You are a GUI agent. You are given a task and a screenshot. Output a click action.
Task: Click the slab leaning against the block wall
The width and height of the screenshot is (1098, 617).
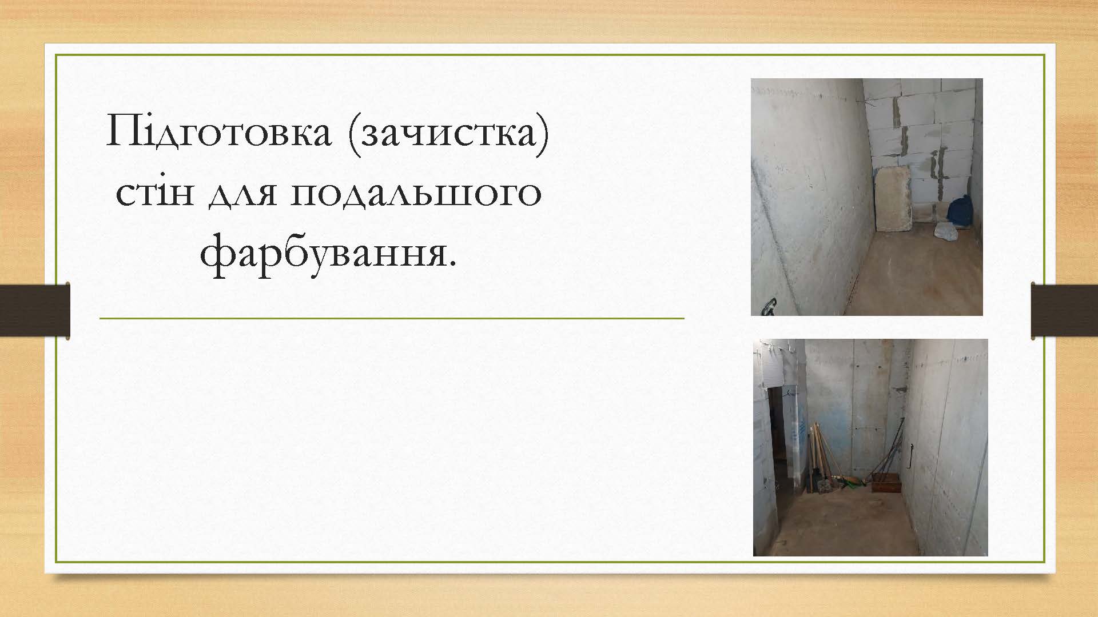click(894, 199)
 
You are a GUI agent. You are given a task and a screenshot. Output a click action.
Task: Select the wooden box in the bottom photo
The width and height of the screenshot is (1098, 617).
click(886, 486)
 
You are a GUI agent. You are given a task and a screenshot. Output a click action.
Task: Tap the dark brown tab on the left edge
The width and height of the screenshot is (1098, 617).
click(35, 310)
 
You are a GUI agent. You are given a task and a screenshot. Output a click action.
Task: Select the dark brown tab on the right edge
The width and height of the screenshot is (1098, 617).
click(1064, 310)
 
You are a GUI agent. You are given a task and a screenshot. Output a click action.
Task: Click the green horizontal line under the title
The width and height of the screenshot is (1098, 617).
click(392, 318)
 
